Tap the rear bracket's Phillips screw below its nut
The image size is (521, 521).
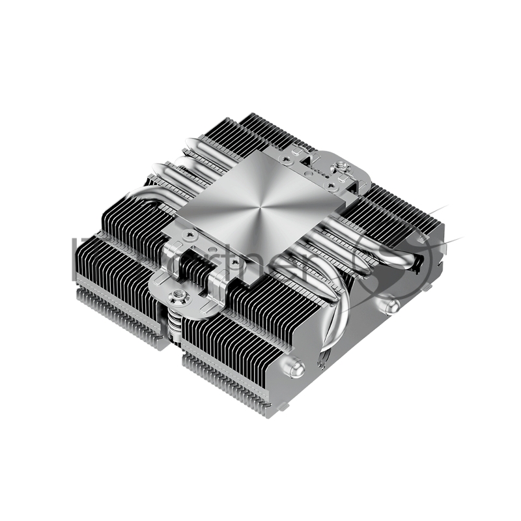point(332,186)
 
